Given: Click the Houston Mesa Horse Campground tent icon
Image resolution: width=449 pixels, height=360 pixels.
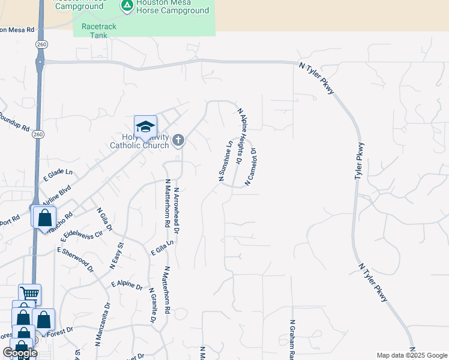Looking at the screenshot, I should (127, 6).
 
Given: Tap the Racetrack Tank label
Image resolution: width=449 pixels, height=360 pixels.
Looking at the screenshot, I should (95, 31).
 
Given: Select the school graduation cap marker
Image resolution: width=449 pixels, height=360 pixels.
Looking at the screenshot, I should (145, 127).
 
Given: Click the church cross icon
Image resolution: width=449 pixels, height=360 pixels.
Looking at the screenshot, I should (178, 140).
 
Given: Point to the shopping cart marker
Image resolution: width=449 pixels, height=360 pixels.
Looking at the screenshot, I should (29, 294).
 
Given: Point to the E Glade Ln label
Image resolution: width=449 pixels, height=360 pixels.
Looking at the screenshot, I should (58, 175).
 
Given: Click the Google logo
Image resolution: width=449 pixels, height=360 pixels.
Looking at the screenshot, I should (20, 353).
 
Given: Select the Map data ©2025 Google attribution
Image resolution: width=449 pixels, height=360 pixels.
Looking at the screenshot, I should (412, 355).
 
